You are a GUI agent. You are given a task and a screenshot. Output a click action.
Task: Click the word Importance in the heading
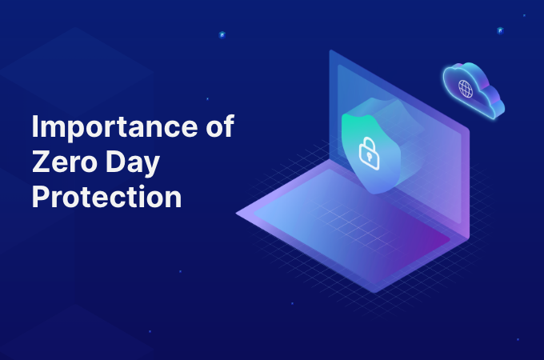[x=115, y=127]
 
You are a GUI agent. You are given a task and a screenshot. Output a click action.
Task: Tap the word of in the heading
[x=220, y=126]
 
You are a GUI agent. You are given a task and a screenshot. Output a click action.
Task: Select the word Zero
[x=65, y=162]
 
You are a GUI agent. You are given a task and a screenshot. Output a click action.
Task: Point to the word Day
[x=133, y=163]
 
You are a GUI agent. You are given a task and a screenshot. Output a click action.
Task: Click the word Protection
[x=107, y=196]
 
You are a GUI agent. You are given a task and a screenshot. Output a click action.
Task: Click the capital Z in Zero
[x=41, y=162]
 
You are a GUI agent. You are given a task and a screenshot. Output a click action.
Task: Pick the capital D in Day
[x=115, y=162]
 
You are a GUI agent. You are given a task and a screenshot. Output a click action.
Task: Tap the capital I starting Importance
[x=34, y=126]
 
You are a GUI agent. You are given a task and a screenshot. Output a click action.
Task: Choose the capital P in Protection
[x=40, y=196]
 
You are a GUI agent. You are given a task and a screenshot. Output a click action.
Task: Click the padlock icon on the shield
[x=369, y=154]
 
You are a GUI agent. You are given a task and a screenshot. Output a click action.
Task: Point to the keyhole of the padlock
[x=369, y=158]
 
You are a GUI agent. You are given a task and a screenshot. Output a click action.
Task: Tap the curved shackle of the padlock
[x=369, y=142]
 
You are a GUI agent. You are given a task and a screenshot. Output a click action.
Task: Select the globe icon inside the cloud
[x=466, y=89]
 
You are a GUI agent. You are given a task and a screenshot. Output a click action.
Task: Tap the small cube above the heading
[x=222, y=34]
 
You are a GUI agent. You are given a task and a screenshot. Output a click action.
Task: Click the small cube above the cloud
[x=500, y=30]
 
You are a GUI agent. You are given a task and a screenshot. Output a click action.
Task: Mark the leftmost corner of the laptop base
[x=236, y=214]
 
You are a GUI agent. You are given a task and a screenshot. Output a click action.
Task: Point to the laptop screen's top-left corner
[x=330, y=50]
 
